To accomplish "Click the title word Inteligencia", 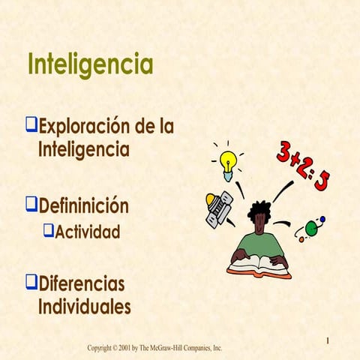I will [x=90, y=64].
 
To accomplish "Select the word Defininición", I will [x=83, y=205].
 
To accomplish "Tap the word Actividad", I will [x=88, y=231].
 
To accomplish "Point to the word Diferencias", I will [x=81, y=284].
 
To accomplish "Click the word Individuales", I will [x=84, y=307].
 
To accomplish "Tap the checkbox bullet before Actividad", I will [x=49, y=230].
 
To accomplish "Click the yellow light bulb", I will [x=228, y=163].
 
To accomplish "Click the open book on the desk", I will [x=259, y=264].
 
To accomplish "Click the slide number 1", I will [x=328, y=342].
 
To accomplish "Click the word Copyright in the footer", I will [x=102, y=348].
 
